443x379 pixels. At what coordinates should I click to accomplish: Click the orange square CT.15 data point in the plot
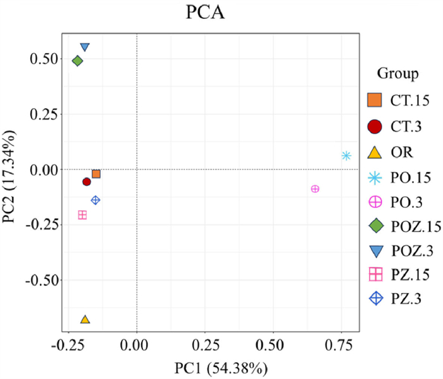point(96,174)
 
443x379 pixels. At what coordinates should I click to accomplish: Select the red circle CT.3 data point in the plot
point(87,182)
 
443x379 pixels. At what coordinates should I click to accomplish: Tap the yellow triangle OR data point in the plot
point(85,320)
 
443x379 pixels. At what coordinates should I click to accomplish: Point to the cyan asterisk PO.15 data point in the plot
point(346,156)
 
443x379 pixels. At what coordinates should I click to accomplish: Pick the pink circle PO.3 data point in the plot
point(315,189)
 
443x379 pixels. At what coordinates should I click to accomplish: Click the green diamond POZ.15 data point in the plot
point(78,61)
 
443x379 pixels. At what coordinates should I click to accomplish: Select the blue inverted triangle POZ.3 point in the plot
point(85,47)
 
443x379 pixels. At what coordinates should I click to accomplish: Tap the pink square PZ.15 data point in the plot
point(82,215)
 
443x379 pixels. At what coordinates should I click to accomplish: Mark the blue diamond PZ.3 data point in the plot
point(96,200)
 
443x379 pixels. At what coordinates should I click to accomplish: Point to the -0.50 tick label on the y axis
point(44,280)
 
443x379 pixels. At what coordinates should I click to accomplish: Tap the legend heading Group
point(397,73)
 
